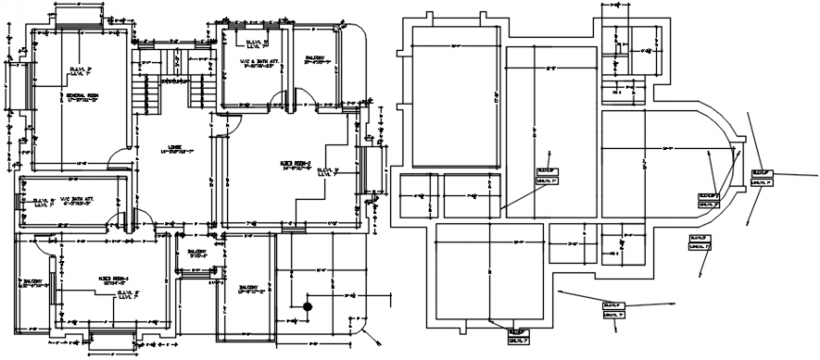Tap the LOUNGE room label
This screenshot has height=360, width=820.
(x=174, y=147)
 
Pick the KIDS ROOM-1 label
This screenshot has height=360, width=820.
(x=113, y=279)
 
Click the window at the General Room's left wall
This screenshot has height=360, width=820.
(x=8, y=95)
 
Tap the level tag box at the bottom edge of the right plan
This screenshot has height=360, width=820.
(x=517, y=333)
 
